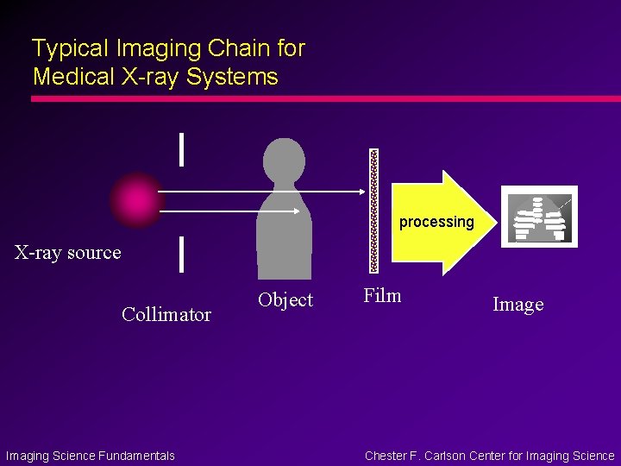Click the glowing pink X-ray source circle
135,200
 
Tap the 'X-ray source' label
68,253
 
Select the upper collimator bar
180,148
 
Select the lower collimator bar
180,255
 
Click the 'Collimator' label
166,314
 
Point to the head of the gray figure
284,161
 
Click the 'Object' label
285,300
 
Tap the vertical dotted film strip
373,211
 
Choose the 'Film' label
382,296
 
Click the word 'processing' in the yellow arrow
436,222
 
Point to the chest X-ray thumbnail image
540,216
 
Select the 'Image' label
517,305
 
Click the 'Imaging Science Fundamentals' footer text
91,456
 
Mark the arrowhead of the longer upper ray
360,192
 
